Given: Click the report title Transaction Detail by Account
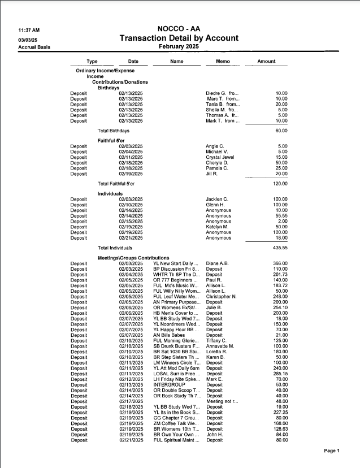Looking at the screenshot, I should point(179,38).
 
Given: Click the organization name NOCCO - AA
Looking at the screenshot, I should point(179,29).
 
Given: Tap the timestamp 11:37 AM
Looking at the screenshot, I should point(29,30).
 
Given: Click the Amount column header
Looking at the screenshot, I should point(266,61).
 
